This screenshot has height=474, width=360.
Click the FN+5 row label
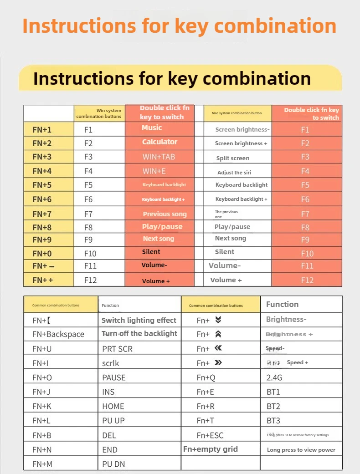point(42,185)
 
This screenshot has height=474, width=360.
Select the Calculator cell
point(159,142)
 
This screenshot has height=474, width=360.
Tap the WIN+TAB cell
point(159,157)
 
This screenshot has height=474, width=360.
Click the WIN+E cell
point(154,171)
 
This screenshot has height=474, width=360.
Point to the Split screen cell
point(233,158)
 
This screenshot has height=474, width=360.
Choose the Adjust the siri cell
point(234,173)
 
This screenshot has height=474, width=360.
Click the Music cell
point(152,128)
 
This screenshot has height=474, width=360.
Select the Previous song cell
point(165,214)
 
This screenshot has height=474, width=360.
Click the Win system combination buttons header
point(99,113)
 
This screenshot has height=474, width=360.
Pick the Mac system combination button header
point(237,113)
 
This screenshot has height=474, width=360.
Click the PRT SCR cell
point(117,348)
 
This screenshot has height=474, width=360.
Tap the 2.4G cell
point(274,377)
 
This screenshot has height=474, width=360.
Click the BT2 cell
point(273,406)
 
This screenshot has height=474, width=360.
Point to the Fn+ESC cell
point(210,435)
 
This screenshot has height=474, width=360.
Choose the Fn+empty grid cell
point(211,449)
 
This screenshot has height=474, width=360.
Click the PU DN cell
point(113,464)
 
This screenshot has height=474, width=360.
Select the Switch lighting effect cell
point(139,320)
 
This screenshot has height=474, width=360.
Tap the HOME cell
point(113,406)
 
